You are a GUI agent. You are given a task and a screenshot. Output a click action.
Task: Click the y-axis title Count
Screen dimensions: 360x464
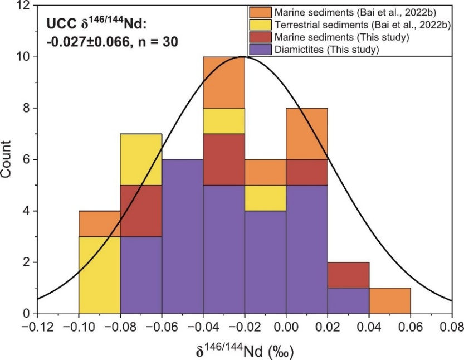point(8,159)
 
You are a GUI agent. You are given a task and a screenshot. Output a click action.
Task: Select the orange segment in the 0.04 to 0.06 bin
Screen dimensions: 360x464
point(390,301)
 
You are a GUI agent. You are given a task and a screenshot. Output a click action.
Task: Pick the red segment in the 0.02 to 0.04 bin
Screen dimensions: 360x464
point(349,275)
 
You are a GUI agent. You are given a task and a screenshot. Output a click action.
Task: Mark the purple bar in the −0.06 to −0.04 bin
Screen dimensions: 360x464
point(183,237)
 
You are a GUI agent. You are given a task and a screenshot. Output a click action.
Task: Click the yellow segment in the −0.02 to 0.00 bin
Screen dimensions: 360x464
point(265,198)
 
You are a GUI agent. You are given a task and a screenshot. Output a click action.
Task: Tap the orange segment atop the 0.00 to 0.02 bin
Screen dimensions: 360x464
point(307,134)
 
